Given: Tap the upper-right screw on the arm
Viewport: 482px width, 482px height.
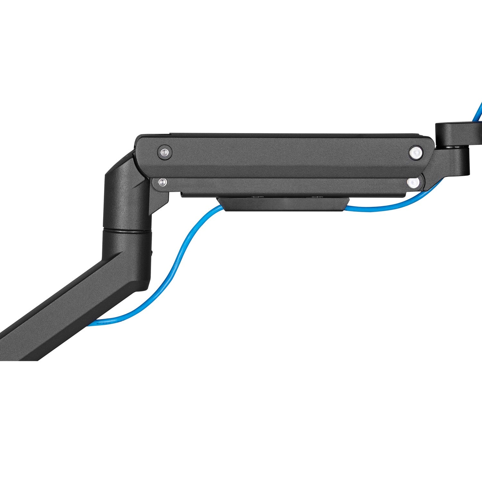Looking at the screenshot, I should (x=415, y=152).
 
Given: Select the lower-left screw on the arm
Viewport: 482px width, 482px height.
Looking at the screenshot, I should (x=163, y=182).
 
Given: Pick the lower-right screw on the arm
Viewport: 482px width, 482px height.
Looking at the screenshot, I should (x=413, y=183).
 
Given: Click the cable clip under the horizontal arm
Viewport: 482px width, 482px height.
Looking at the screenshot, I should (x=283, y=205).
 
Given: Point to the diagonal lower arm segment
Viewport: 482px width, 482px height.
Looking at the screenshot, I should (x=64, y=308).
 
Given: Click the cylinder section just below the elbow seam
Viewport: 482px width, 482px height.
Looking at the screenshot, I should (x=127, y=244).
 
